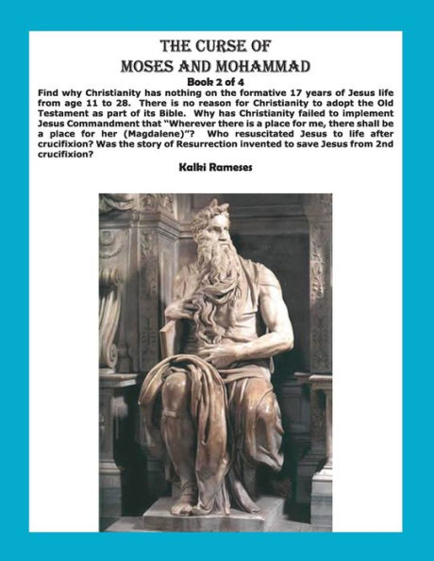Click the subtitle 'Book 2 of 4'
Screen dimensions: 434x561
click(215, 82)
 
